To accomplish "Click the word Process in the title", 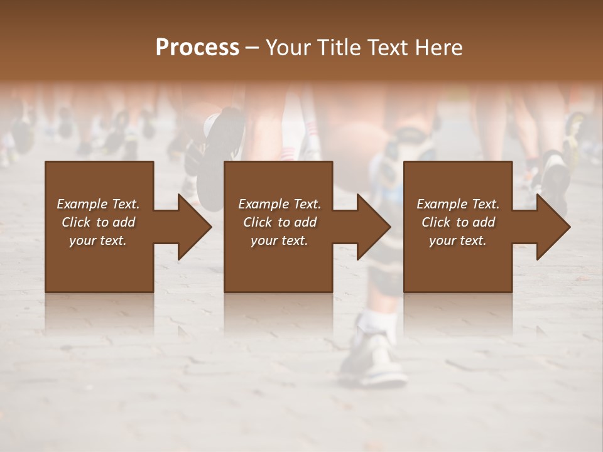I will pyautogui.click(x=197, y=48).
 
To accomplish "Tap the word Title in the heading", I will pyautogui.click(x=339, y=48).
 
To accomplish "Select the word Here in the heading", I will pyautogui.click(x=439, y=48).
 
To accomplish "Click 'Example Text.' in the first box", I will pyautogui.click(x=98, y=204).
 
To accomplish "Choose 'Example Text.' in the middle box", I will pyautogui.click(x=280, y=204).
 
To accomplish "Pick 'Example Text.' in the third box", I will pyautogui.click(x=458, y=204).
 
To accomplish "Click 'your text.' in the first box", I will pyautogui.click(x=98, y=241).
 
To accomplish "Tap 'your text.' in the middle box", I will pyautogui.click(x=280, y=241).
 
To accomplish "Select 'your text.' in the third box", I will pyautogui.click(x=458, y=241).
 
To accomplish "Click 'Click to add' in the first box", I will pyautogui.click(x=98, y=222).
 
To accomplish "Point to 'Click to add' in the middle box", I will pyautogui.click(x=280, y=222).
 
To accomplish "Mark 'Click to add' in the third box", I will pyautogui.click(x=458, y=222).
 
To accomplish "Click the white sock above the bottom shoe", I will pyautogui.click(x=379, y=320).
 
